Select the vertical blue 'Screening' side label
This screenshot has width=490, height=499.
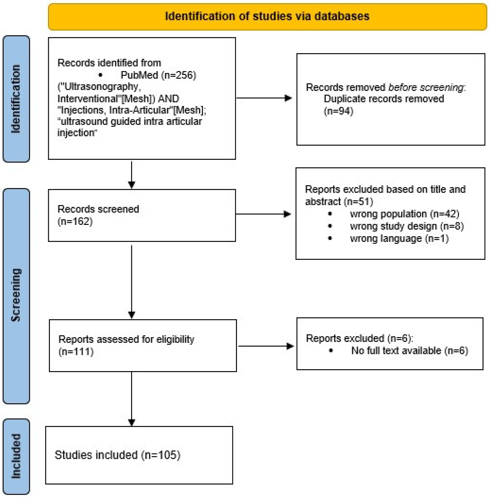pyautogui.click(x=16, y=295)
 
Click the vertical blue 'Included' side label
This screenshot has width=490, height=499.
pyautogui.click(x=16, y=456)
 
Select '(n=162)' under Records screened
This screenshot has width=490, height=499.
pyautogui.click(x=75, y=221)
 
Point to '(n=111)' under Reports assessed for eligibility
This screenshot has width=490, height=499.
pyautogui.click(x=76, y=352)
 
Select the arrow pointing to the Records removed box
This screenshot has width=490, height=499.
pyautogui.click(x=264, y=98)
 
